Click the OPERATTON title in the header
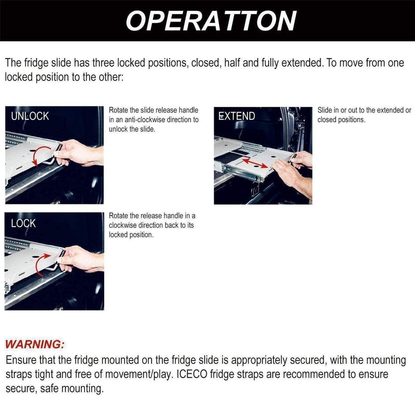pyautogui.click(x=211, y=21)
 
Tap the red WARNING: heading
pyautogui.click(x=35, y=344)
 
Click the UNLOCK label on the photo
pyautogui.click(x=30, y=116)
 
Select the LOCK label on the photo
pyautogui.click(x=23, y=223)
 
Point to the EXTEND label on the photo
pyautogui.click(x=237, y=116)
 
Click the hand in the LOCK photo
pyautogui.click(x=78, y=258)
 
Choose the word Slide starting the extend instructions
pyautogui.click(x=325, y=110)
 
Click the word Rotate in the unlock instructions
pyautogui.click(x=119, y=110)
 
